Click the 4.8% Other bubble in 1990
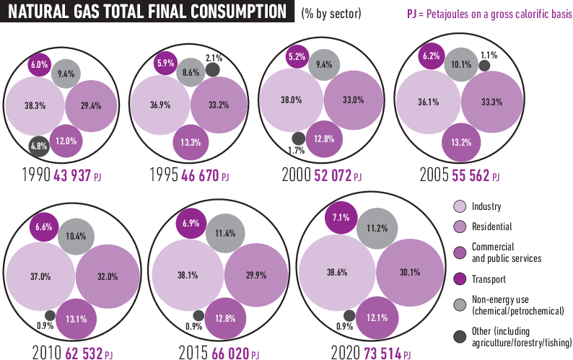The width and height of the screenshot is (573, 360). pyautogui.click(x=38, y=147)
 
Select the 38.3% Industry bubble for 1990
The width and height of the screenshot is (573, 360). pyautogui.click(x=35, y=105)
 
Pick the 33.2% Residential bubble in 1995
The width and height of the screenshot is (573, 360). pyautogui.click(x=219, y=105)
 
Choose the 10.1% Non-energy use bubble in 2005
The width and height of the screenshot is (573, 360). pyautogui.click(x=460, y=63)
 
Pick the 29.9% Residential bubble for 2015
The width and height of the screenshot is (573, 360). pyautogui.click(x=256, y=275)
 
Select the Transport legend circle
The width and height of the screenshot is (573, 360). pyautogui.click(x=460, y=279)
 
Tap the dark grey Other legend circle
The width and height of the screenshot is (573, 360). pyautogui.click(x=460, y=336)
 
